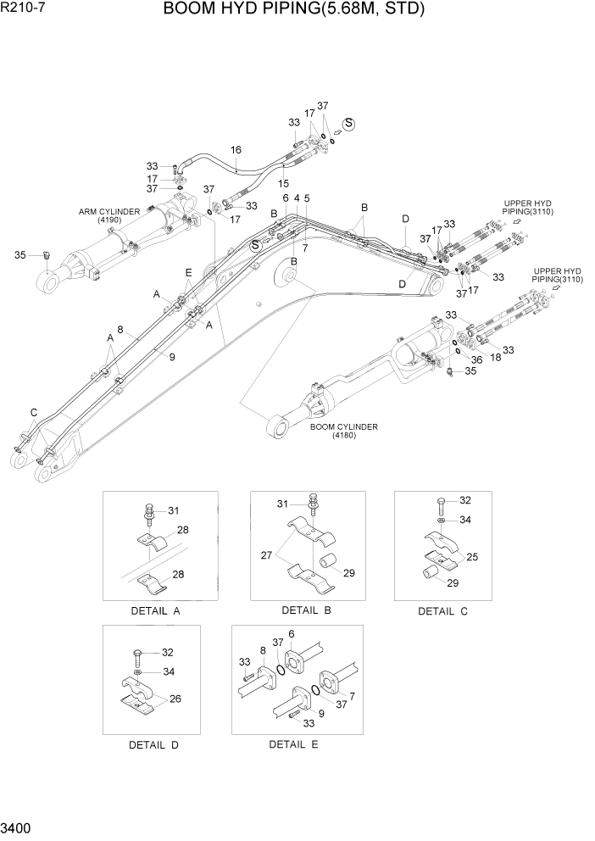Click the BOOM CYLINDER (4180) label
point(343,432)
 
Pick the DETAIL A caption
point(155,611)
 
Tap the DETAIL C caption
point(442,611)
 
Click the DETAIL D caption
point(153,745)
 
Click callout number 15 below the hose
point(284,182)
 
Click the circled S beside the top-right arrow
point(348,124)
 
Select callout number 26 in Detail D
point(176,699)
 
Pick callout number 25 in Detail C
point(472,557)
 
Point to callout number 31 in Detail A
point(173,510)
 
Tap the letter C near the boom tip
point(34,413)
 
